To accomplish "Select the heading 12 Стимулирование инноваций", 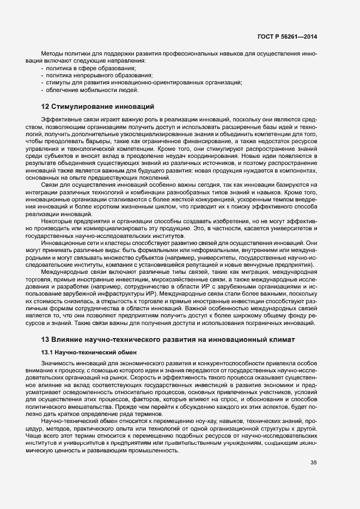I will pos(98,106).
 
